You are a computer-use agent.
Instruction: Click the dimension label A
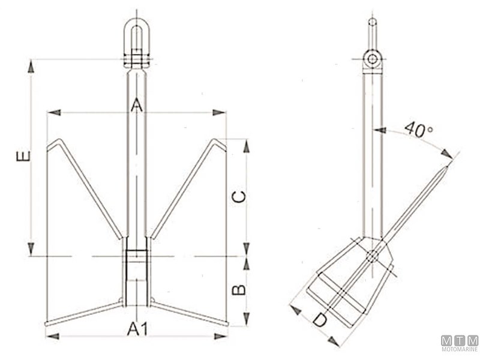tap(137, 106)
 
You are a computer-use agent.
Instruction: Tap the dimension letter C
tap(239, 197)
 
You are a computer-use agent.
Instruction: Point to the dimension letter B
tap(239, 290)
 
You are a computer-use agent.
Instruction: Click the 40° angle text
tap(418, 128)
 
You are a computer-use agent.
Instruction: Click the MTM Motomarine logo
tap(460, 344)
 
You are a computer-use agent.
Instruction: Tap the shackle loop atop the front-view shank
tap(137, 31)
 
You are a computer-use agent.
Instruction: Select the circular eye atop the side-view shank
tap(373, 59)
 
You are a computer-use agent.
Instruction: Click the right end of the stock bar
tap(226, 324)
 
